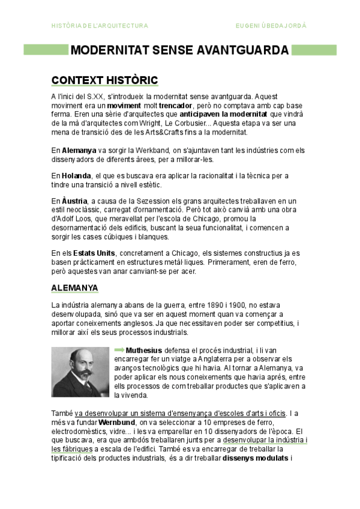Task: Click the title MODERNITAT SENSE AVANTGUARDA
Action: coord(179,50)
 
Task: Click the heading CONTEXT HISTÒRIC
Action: coord(104,80)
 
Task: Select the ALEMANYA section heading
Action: coord(74,288)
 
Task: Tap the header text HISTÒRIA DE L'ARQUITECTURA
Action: coord(100,26)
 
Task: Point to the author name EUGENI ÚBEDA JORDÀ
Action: coord(271,26)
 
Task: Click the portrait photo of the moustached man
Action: coord(80,372)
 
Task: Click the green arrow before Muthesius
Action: coord(119,349)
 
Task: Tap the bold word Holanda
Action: coord(76,175)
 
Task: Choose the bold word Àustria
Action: coord(75,200)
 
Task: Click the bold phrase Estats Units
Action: coord(95,253)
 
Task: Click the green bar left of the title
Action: coord(46,50)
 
